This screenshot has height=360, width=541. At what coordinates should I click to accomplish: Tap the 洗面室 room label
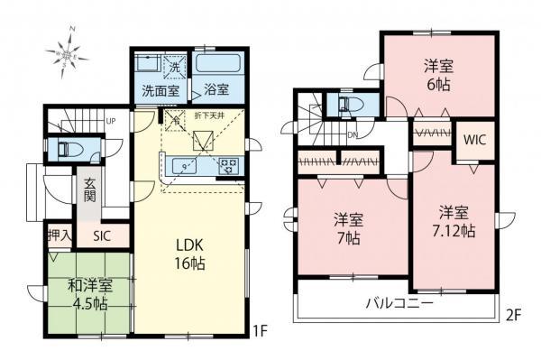click(160, 91)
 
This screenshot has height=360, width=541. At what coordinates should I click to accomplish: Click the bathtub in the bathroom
click(217, 65)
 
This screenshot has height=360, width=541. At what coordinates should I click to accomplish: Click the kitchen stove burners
click(227, 165)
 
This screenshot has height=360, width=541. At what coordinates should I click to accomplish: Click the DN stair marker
click(353, 137)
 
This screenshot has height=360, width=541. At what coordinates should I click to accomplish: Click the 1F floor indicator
click(258, 331)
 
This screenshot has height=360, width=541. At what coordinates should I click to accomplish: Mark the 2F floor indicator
click(512, 318)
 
